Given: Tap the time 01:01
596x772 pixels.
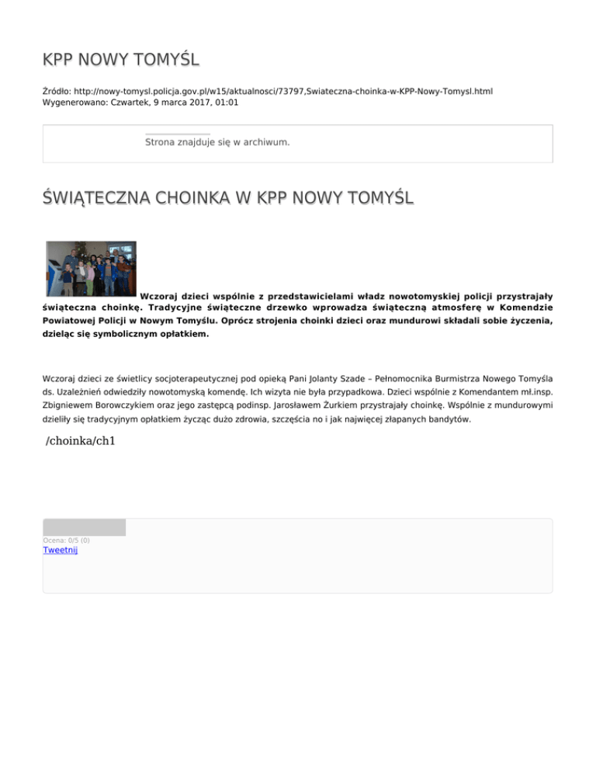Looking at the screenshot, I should point(226,102).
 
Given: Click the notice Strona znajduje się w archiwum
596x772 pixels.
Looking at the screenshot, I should point(217,142).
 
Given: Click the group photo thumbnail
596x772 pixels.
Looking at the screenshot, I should point(91,268).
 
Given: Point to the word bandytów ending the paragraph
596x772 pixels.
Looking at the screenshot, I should point(449,419).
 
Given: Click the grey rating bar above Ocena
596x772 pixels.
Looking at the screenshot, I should point(84,527).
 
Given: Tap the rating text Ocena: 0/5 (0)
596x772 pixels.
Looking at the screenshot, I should point(66,541).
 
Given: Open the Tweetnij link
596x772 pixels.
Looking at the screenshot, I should point(61,551).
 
